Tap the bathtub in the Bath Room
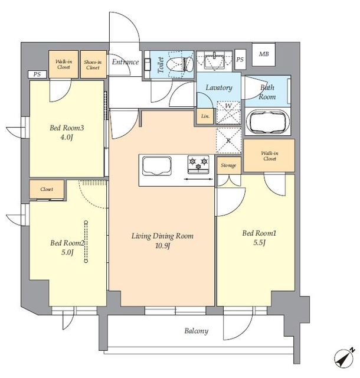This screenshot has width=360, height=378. [267, 123]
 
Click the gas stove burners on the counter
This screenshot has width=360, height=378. [199, 162]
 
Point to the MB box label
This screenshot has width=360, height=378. [263, 55]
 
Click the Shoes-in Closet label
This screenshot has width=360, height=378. [93, 64]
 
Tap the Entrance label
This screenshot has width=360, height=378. [125, 62]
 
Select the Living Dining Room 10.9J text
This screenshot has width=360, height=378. [162, 240]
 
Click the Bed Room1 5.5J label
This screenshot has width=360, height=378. [259, 238]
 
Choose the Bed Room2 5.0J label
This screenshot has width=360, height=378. [67, 247]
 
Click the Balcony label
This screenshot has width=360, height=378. [196, 331]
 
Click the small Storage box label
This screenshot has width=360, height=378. [228, 165]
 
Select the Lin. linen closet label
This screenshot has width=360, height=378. [205, 116]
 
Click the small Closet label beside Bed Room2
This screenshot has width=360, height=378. [47, 190]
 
